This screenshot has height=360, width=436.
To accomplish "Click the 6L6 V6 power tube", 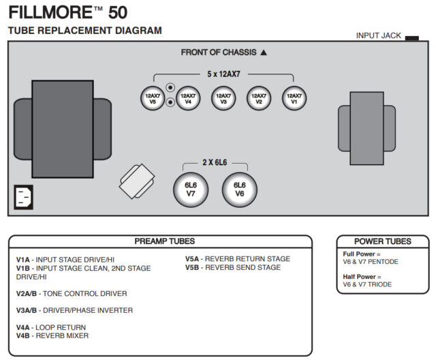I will pyautogui.click(x=239, y=189).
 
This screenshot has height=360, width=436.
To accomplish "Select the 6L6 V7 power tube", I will pyautogui.click(x=191, y=189).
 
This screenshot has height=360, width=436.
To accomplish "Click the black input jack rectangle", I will pyautogui.click(x=411, y=38).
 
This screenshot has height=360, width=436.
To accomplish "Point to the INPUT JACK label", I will pyautogui.click(x=378, y=35).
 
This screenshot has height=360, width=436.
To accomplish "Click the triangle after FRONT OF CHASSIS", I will pyautogui.click(x=264, y=52).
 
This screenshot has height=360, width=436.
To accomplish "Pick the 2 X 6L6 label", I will pyautogui.click(x=215, y=163).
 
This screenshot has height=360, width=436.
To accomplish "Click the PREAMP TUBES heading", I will pyautogui.click(x=164, y=241).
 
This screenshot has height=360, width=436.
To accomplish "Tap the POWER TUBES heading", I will pyautogui.click(x=383, y=241).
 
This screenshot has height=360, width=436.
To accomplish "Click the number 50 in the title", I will pyautogui.click(x=112, y=12).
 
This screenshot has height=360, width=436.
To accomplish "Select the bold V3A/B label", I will pyautogui.click(x=27, y=310).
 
